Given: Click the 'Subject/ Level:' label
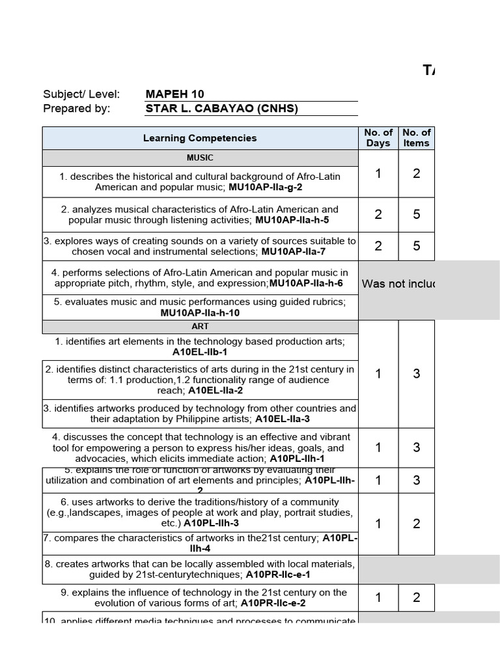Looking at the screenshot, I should pyautogui.click(x=81, y=94).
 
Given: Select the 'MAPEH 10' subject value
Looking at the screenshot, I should pyautogui.click(x=174, y=94).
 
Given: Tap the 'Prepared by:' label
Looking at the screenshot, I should pyautogui.click(x=77, y=109).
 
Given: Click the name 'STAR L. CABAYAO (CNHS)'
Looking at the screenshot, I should pyautogui.click(x=222, y=109).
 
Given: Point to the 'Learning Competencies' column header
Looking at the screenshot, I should pyautogui.click(x=200, y=138).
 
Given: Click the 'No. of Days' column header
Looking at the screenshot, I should pyautogui.click(x=378, y=138).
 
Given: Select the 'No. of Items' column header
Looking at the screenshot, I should pyautogui.click(x=416, y=138).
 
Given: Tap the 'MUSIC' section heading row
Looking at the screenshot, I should pyautogui.click(x=200, y=158).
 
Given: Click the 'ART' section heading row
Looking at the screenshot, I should pyautogui.click(x=200, y=327).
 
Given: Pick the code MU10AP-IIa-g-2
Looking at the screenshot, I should pyautogui.click(x=265, y=187).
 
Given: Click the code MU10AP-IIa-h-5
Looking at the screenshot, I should pyautogui.click(x=292, y=220).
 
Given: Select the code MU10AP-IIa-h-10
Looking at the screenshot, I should pyautogui.click(x=200, y=313).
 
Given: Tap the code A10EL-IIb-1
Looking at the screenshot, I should pyautogui.click(x=200, y=352).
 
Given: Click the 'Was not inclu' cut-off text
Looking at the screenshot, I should pyautogui.click(x=398, y=284).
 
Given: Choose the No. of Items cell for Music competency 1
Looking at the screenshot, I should pyautogui.click(x=416, y=173).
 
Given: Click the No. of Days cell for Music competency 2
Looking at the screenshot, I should pyautogui.click(x=378, y=214).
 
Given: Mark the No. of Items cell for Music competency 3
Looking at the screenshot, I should pyautogui.click(x=416, y=246).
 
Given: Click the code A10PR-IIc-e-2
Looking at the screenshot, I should pyautogui.click(x=273, y=603).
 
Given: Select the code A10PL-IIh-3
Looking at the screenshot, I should pyautogui.click(x=211, y=523).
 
